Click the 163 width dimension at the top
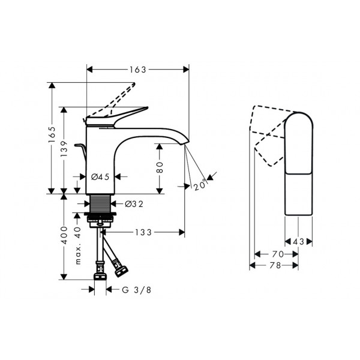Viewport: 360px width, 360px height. click(x=138, y=70)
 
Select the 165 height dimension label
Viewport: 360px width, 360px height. click(x=52, y=134)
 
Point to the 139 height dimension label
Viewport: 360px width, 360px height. click(x=64, y=149)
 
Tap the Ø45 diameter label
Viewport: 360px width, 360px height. click(x=100, y=177)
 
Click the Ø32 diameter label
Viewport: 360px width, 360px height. click(x=134, y=204)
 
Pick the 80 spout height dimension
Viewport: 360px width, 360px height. click(x=160, y=167)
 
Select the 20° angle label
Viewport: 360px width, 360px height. click(x=200, y=185)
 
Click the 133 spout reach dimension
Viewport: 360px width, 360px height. click(x=143, y=232)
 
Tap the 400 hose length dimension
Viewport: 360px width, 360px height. click(x=64, y=235)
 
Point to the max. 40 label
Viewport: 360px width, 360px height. click(x=78, y=245)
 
